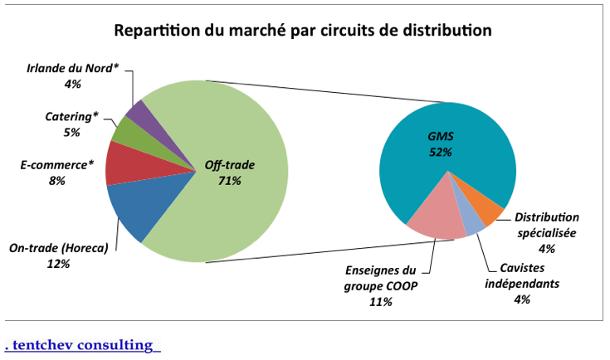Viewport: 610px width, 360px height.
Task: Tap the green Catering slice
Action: (x=122, y=130)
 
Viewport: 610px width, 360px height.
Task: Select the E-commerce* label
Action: (x=54, y=165)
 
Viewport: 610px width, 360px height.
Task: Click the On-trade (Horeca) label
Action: (x=59, y=249)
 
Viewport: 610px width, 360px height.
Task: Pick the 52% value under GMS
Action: (x=440, y=152)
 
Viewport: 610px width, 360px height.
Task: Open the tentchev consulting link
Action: (x=82, y=344)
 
